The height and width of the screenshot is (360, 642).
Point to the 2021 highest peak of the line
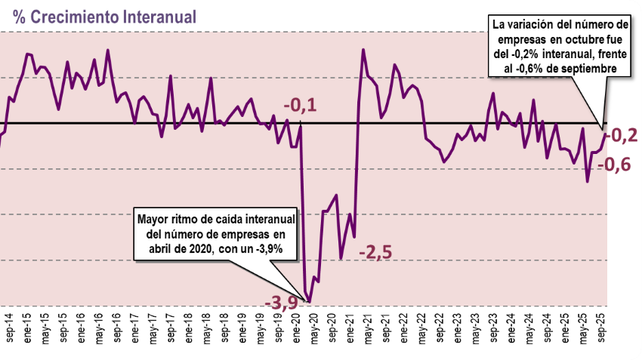coord(363,51)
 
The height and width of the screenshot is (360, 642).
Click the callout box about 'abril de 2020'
coord(216,233)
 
